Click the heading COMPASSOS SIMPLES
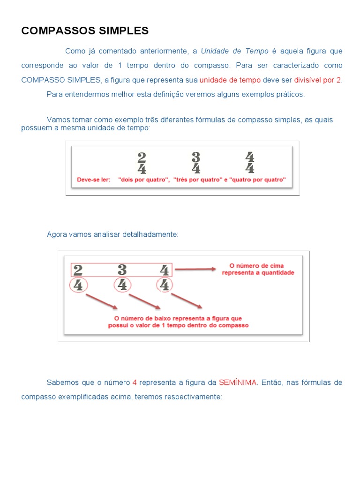(x=85, y=31)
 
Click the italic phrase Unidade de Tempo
(x=234, y=51)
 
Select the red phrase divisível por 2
(x=318, y=80)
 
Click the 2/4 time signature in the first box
(x=142, y=163)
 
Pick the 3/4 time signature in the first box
(x=196, y=163)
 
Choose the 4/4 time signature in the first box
(x=249, y=163)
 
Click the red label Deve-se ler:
(x=94, y=180)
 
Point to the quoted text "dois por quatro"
(x=144, y=180)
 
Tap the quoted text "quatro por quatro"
(x=257, y=180)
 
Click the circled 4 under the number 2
(x=78, y=285)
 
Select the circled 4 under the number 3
(x=122, y=285)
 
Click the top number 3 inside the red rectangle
(x=122, y=270)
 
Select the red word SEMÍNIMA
(x=238, y=382)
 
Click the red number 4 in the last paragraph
(x=135, y=382)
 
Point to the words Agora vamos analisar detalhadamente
(x=112, y=234)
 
